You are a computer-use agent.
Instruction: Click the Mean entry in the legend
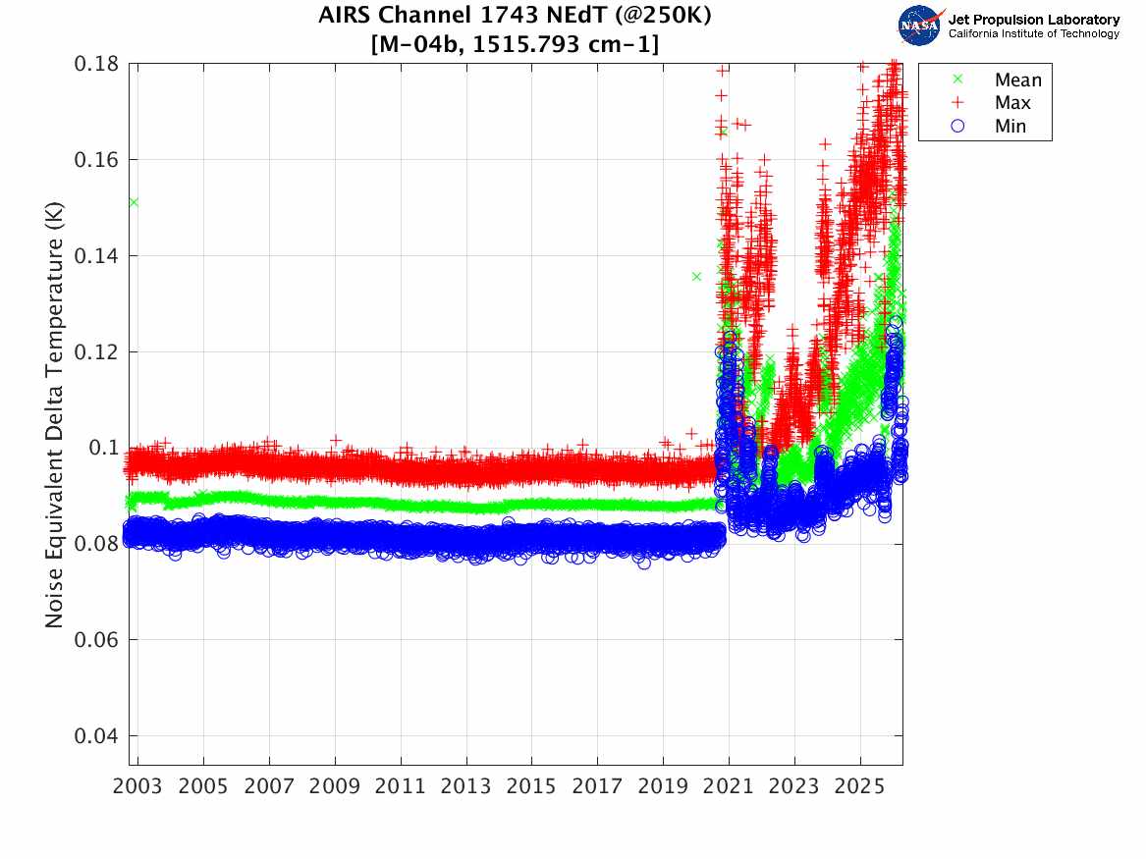click(1016, 81)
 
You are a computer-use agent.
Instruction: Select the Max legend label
click(1011, 103)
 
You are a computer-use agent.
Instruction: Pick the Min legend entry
click(1010, 126)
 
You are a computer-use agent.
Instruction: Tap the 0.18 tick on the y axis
click(96, 64)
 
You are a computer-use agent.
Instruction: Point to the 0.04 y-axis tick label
click(96, 736)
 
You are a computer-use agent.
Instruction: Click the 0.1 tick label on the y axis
click(103, 448)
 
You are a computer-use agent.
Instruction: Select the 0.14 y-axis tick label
click(96, 256)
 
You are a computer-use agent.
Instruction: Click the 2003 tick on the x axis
click(138, 786)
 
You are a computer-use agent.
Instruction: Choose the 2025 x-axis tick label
click(860, 786)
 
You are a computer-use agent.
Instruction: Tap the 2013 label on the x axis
click(466, 786)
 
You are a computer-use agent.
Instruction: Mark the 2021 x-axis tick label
click(729, 786)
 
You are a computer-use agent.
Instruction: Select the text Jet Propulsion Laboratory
click(1033, 20)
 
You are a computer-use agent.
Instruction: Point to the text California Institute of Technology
click(1033, 34)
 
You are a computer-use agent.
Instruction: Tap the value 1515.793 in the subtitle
click(533, 44)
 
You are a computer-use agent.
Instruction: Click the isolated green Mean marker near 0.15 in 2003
click(133, 202)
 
